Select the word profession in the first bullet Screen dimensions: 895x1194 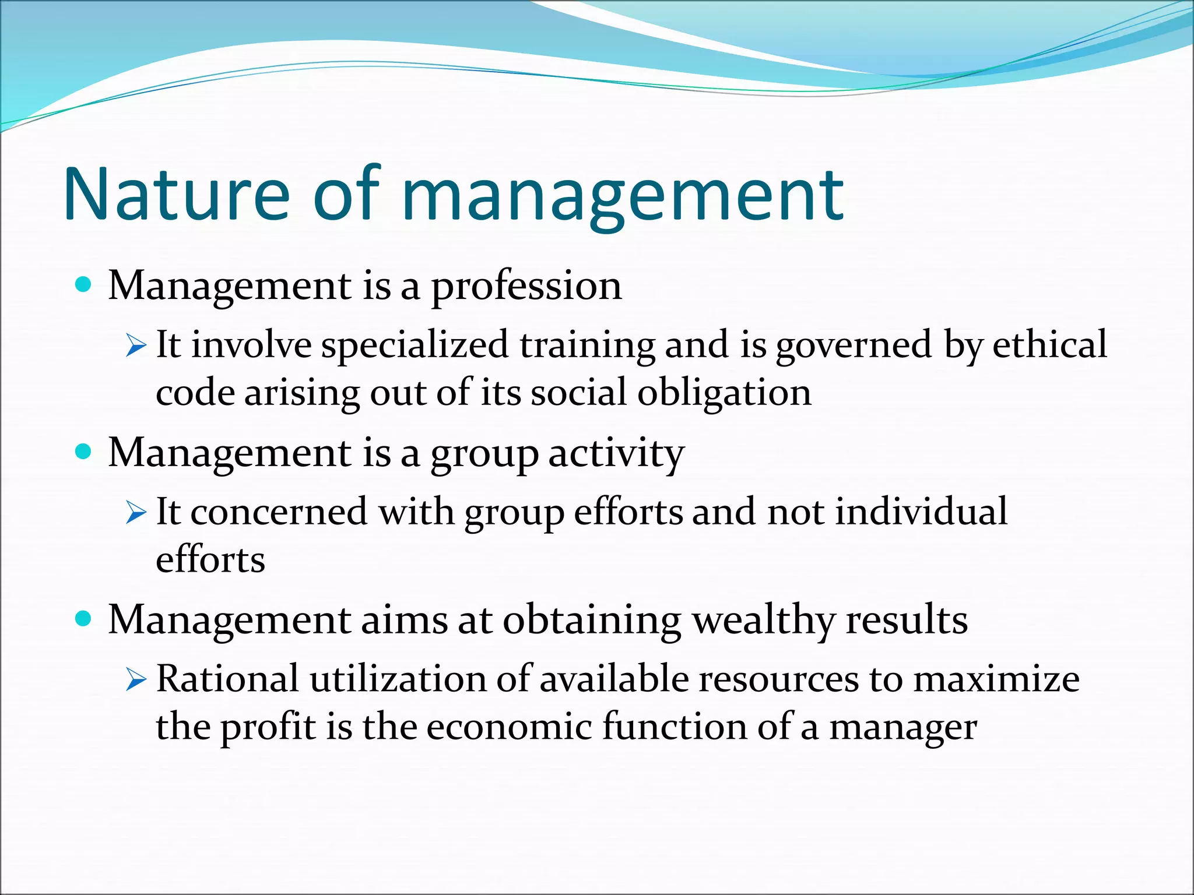[x=526, y=287]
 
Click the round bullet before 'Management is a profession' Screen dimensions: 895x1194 [x=85, y=285]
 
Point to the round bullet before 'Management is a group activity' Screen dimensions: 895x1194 [x=85, y=452]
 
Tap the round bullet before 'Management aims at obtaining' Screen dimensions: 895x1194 [x=85, y=619]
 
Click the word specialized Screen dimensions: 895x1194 [x=415, y=345]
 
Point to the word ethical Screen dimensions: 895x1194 [x=1049, y=344]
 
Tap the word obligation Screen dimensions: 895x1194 [x=724, y=393]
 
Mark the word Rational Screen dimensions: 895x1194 [x=227, y=679]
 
